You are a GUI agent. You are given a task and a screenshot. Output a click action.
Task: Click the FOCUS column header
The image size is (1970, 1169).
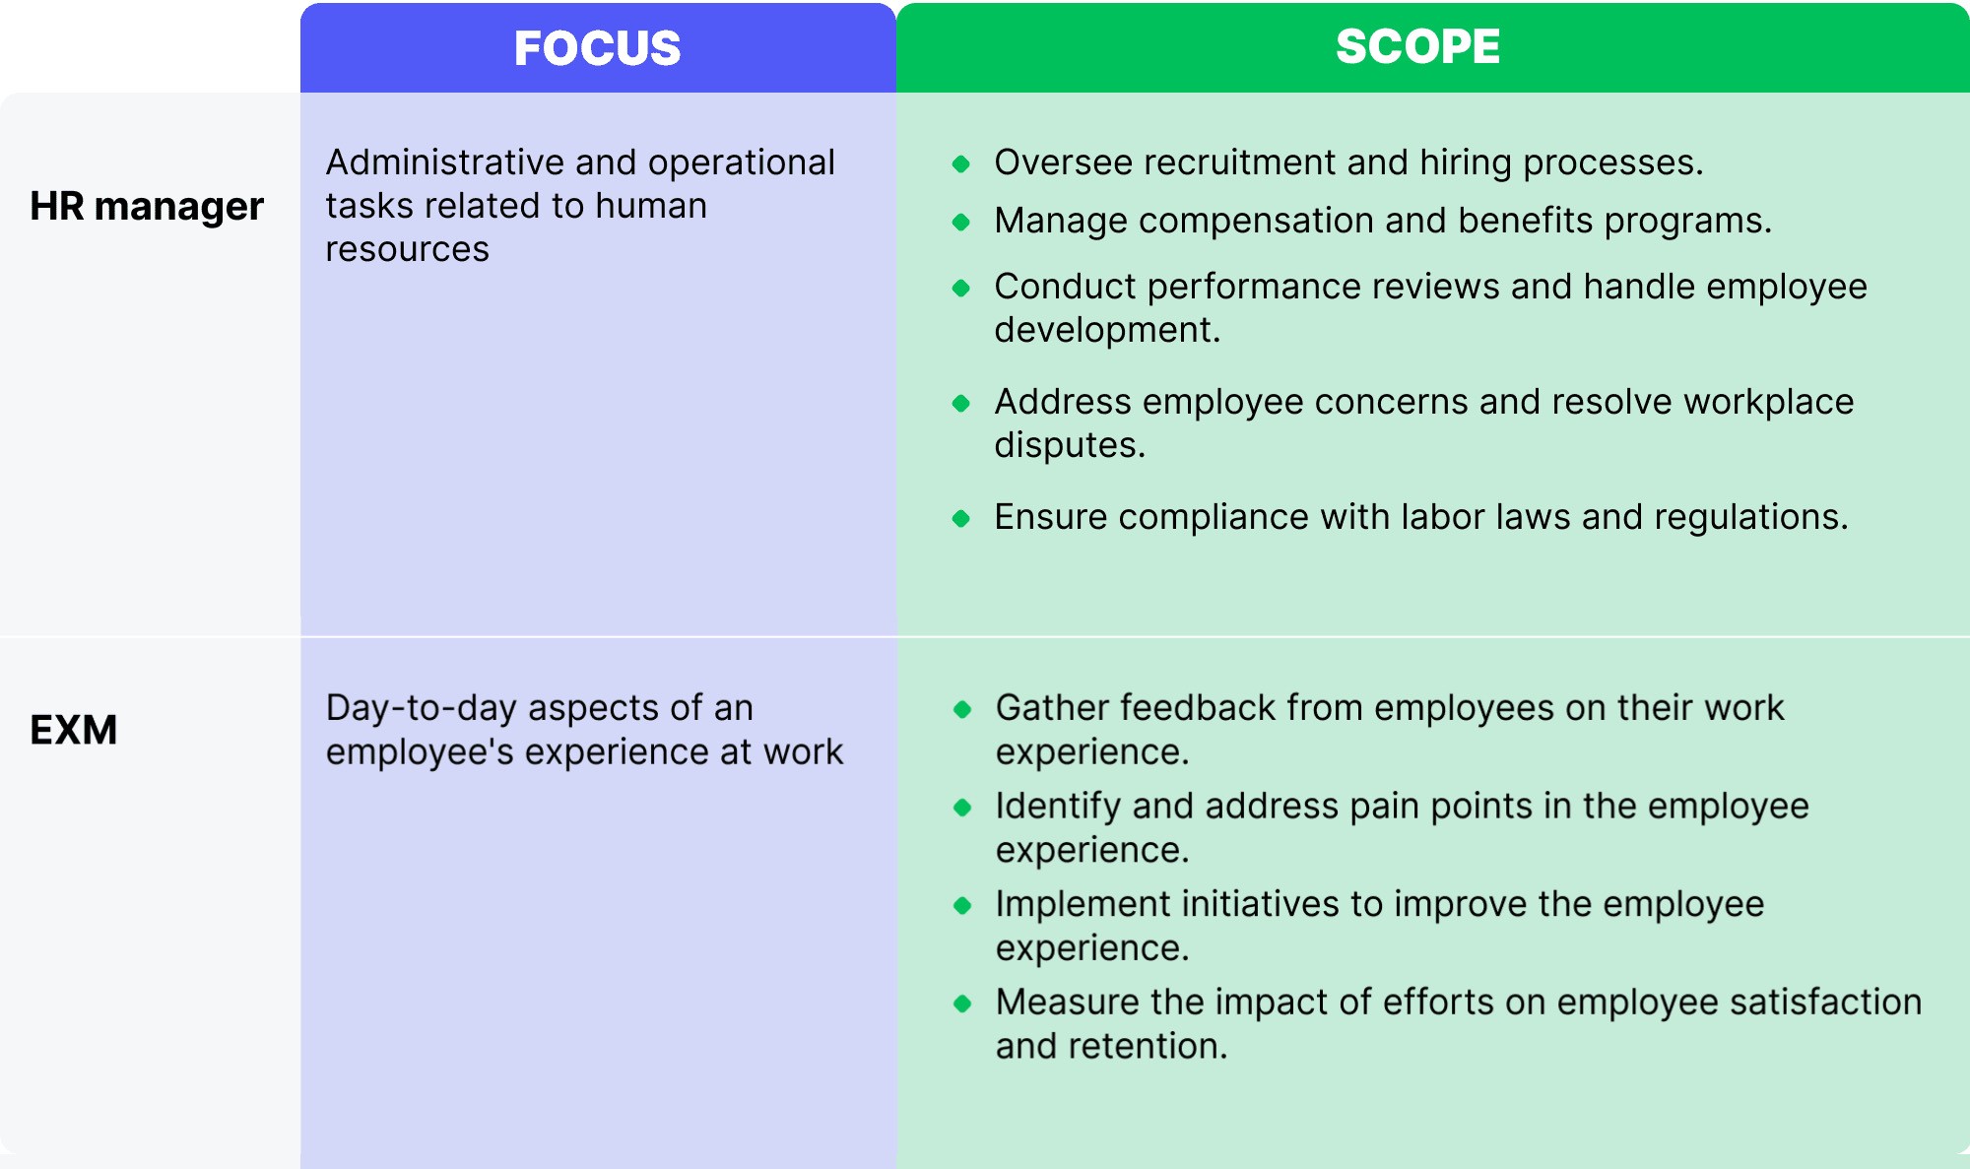tap(597, 48)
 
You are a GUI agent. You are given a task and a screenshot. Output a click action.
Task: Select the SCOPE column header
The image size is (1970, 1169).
tap(1417, 46)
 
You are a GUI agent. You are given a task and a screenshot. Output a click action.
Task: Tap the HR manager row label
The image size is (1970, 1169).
tap(147, 207)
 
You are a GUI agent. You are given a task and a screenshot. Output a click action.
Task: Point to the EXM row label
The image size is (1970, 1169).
tap(74, 730)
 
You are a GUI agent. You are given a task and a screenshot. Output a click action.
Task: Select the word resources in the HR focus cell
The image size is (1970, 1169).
tap(407, 249)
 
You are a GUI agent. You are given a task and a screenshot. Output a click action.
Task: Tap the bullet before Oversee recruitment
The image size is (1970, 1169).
tap(961, 163)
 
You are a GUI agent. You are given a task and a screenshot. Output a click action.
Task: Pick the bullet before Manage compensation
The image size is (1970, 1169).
tap(961, 222)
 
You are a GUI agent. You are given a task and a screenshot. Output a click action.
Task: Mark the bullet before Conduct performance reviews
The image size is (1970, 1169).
tap(961, 288)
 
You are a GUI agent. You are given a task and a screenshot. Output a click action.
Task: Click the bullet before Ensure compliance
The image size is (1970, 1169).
tap(961, 518)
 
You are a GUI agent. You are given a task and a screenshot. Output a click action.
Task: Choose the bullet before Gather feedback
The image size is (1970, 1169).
tap(962, 709)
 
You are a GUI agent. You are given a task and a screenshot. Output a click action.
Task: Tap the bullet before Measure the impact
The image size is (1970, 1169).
tap(962, 1004)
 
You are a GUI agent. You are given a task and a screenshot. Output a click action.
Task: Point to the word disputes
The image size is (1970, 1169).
tap(1069, 445)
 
